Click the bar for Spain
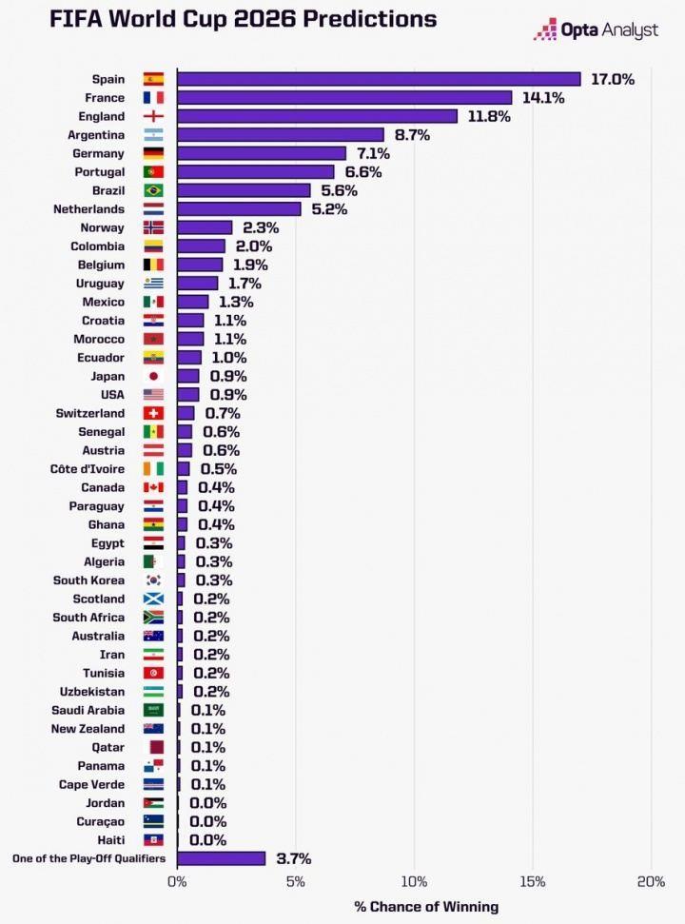[x=379, y=79]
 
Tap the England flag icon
[x=153, y=116]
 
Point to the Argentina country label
[x=96, y=135]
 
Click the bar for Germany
[x=262, y=153]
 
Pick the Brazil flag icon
[x=153, y=190]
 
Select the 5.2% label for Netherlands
[x=329, y=209]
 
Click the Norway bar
[x=205, y=227]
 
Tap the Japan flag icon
[x=153, y=376]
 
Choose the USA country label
[x=112, y=395]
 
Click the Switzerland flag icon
[x=153, y=413]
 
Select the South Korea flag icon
[x=153, y=580]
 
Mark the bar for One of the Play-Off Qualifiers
[x=221, y=858]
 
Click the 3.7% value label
[x=293, y=859]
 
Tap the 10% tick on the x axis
[x=414, y=881]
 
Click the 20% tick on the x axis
[x=651, y=881]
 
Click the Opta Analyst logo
[x=596, y=30]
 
